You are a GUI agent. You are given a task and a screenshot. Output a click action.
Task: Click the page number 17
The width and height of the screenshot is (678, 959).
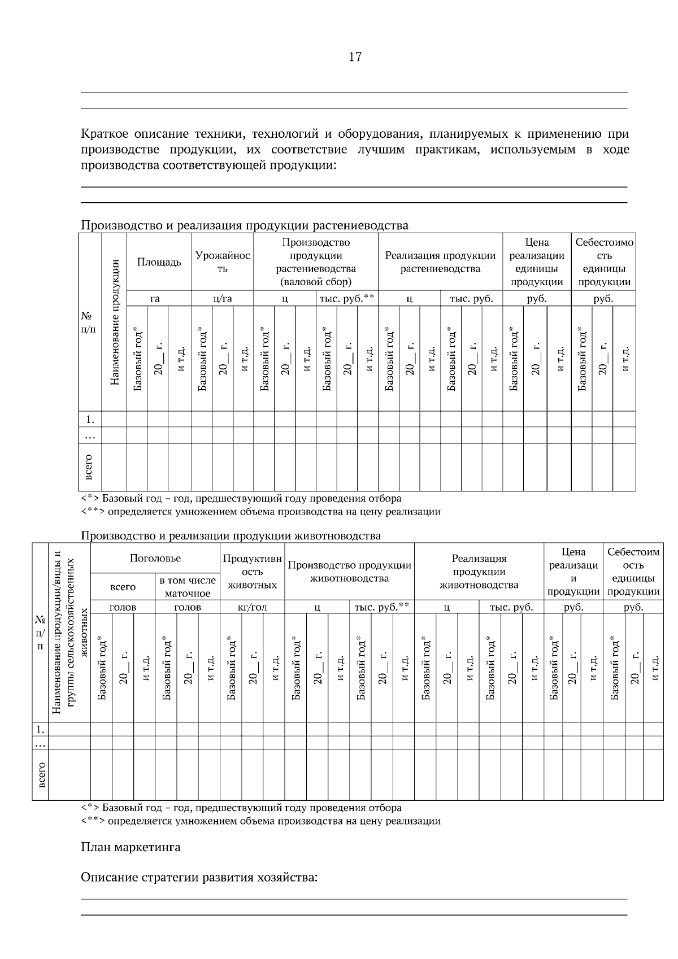click(x=355, y=56)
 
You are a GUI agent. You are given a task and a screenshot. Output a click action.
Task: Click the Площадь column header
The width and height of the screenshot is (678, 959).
click(x=159, y=262)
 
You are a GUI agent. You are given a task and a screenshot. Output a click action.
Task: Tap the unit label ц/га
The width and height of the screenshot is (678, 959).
click(x=223, y=299)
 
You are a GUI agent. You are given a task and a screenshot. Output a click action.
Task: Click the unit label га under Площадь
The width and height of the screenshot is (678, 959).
click(x=155, y=299)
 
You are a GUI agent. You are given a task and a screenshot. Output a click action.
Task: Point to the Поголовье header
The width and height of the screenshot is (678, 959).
click(x=155, y=558)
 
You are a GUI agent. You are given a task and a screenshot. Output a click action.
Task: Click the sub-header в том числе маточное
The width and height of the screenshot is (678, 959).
click(x=188, y=587)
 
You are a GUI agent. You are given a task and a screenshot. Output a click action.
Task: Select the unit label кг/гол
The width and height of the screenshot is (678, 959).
click(x=252, y=607)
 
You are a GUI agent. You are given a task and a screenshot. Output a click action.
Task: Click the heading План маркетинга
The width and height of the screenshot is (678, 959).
click(x=131, y=847)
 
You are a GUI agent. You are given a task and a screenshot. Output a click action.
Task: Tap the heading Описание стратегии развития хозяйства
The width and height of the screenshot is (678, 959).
click(x=199, y=878)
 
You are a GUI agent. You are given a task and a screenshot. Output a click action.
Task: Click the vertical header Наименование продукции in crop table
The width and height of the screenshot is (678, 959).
click(x=115, y=322)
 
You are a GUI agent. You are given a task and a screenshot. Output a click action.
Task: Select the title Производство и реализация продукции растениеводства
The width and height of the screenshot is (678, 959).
click(x=245, y=225)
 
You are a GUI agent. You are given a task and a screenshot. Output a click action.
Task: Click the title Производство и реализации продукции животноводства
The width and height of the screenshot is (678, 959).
click(x=231, y=535)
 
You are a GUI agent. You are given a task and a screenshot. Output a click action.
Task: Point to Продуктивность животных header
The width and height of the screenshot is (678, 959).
click(x=252, y=572)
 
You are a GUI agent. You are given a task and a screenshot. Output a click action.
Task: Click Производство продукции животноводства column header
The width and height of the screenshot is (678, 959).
click(x=350, y=572)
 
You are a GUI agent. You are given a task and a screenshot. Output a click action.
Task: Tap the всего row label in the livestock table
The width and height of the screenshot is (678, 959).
click(x=41, y=774)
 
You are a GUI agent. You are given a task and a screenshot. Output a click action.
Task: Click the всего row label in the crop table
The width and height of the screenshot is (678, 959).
click(x=89, y=467)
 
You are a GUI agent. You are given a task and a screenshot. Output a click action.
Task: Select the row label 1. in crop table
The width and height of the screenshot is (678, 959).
click(x=90, y=419)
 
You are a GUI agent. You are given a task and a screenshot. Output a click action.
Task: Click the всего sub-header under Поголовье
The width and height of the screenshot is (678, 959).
click(x=123, y=587)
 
